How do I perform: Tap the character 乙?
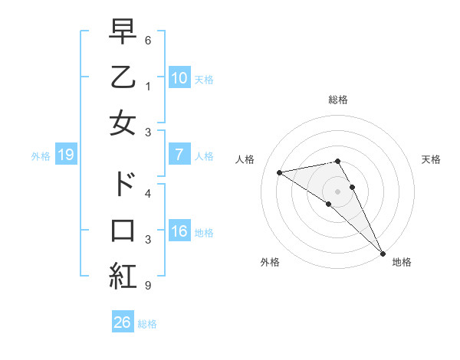click(123, 77)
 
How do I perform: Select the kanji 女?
click(123, 123)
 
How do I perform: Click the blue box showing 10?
click(179, 77)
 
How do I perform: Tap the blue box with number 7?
click(179, 155)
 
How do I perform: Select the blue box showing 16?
click(179, 232)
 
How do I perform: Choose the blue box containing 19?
click(66, 155)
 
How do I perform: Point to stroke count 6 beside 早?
click(147, 39)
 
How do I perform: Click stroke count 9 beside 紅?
click(147, 286)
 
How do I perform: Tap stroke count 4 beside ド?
click(147, 193)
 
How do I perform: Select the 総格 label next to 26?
click(147, 324)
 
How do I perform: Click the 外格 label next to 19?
click(41, 156)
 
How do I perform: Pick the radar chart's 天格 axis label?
click(431, 159)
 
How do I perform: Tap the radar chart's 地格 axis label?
click(402, 262)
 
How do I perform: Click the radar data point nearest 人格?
click(280, 172)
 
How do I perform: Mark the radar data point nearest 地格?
click(383, 253)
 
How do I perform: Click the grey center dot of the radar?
click(337, 191)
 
